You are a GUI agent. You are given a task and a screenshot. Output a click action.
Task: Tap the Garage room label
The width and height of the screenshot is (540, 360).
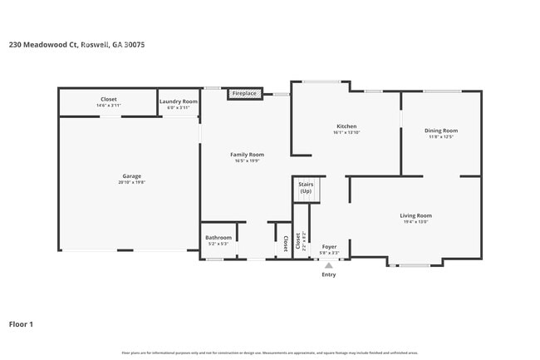point(131,175)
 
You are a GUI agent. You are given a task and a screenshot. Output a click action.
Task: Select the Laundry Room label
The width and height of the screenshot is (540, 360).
point(178,101)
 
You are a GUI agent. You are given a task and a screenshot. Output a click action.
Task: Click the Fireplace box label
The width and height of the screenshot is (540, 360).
point(244,94)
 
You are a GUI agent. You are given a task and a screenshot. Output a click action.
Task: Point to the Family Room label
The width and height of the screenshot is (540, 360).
point(247,154)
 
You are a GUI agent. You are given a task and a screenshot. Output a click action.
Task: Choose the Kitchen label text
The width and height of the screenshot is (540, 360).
point(346,126)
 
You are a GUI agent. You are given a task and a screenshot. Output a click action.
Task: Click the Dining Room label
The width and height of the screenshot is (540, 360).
point(441,131)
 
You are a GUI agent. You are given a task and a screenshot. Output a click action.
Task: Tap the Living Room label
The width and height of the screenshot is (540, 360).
point(416,215)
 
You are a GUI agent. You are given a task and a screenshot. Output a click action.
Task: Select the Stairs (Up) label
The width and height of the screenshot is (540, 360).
point(306,187)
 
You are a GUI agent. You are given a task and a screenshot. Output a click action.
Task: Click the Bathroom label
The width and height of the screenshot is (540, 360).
point(219,238)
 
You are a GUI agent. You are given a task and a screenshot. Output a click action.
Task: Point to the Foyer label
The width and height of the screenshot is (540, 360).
point(329,246)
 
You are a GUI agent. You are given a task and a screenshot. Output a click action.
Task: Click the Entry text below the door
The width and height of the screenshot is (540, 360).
point(329,274)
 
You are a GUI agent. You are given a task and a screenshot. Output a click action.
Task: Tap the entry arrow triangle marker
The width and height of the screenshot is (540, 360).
point(329,265)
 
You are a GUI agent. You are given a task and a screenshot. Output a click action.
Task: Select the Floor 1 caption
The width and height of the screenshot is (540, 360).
point(21,323)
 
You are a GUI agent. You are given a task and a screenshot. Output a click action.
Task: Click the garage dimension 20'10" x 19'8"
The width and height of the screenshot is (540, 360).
point(131,182)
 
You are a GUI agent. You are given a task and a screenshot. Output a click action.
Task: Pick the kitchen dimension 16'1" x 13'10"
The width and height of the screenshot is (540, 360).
point(346,132)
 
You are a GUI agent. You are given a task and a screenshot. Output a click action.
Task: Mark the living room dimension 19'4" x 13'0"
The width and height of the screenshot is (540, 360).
point(416,222)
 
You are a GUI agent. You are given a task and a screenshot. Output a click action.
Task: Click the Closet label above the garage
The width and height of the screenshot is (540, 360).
point(109,99)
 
